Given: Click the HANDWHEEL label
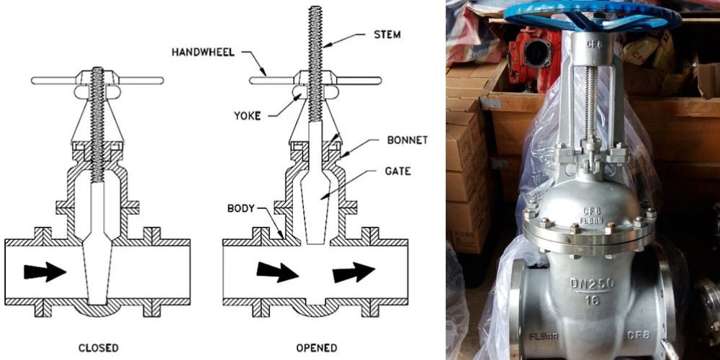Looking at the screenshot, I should (x=204, y=52).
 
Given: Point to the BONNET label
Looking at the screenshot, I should (x=407, y=140).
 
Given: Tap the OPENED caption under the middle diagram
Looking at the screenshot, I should (x=317, y=348).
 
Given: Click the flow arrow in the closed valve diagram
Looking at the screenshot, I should (x=45, y=271).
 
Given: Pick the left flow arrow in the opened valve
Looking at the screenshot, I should (x=277, y=271).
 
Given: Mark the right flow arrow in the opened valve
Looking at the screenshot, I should (x=354, y=272).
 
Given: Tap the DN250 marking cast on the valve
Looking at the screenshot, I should (x=592, y=283).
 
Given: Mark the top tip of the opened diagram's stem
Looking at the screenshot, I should (x=315, y=9).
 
